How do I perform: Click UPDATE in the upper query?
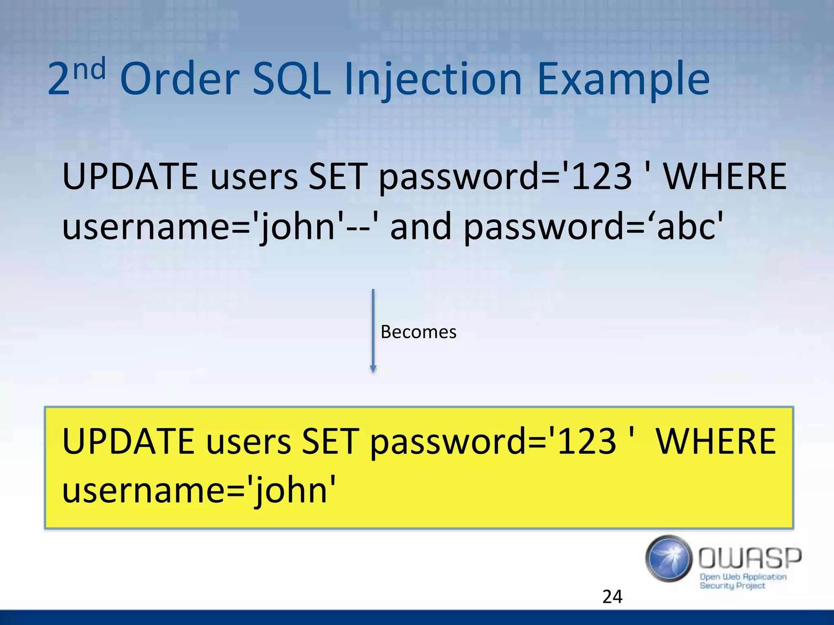tap(130, 176)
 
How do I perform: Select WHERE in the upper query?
tap(725, 176)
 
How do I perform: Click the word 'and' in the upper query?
tap(421, 227)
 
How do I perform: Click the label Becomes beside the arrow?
tap(418, 332)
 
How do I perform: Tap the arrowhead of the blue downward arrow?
tap(373, 369)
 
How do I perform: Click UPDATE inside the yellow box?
tap(128, 441)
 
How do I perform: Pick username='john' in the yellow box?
tap(199, 490)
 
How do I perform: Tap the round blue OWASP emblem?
tap(669, 558)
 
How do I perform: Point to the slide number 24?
tap(612, 597)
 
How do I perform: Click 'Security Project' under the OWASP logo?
tap(732, 586)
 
